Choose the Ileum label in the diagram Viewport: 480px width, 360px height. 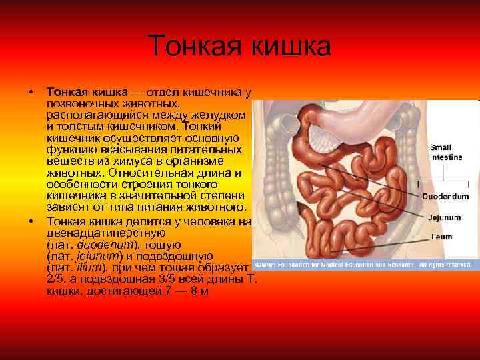443,237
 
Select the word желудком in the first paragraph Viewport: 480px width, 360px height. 221,115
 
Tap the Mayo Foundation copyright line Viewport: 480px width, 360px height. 363,265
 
